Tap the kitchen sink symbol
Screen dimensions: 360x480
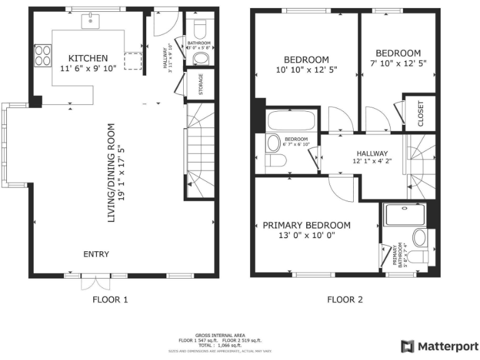tap(91, 21)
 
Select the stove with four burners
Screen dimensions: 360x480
tap(44, 56)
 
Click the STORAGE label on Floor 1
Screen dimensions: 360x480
tap(201, 84)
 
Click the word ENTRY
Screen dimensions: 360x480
tap(96, 254)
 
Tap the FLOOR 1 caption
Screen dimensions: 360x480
tap(110, 299)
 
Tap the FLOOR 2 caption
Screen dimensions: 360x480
tap(345, 299)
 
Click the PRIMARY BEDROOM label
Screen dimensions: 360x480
tap(306, 225)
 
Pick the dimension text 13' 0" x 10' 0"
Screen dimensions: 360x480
tap(306, 236)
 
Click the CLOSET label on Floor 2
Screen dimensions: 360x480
tap(420, 114)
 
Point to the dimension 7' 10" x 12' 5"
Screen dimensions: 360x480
tap(397, 63)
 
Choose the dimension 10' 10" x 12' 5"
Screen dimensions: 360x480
tap(306, 70)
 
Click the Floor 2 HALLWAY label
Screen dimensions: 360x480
tap(372, 153)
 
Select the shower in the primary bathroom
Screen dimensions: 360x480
tap(406, 214)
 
